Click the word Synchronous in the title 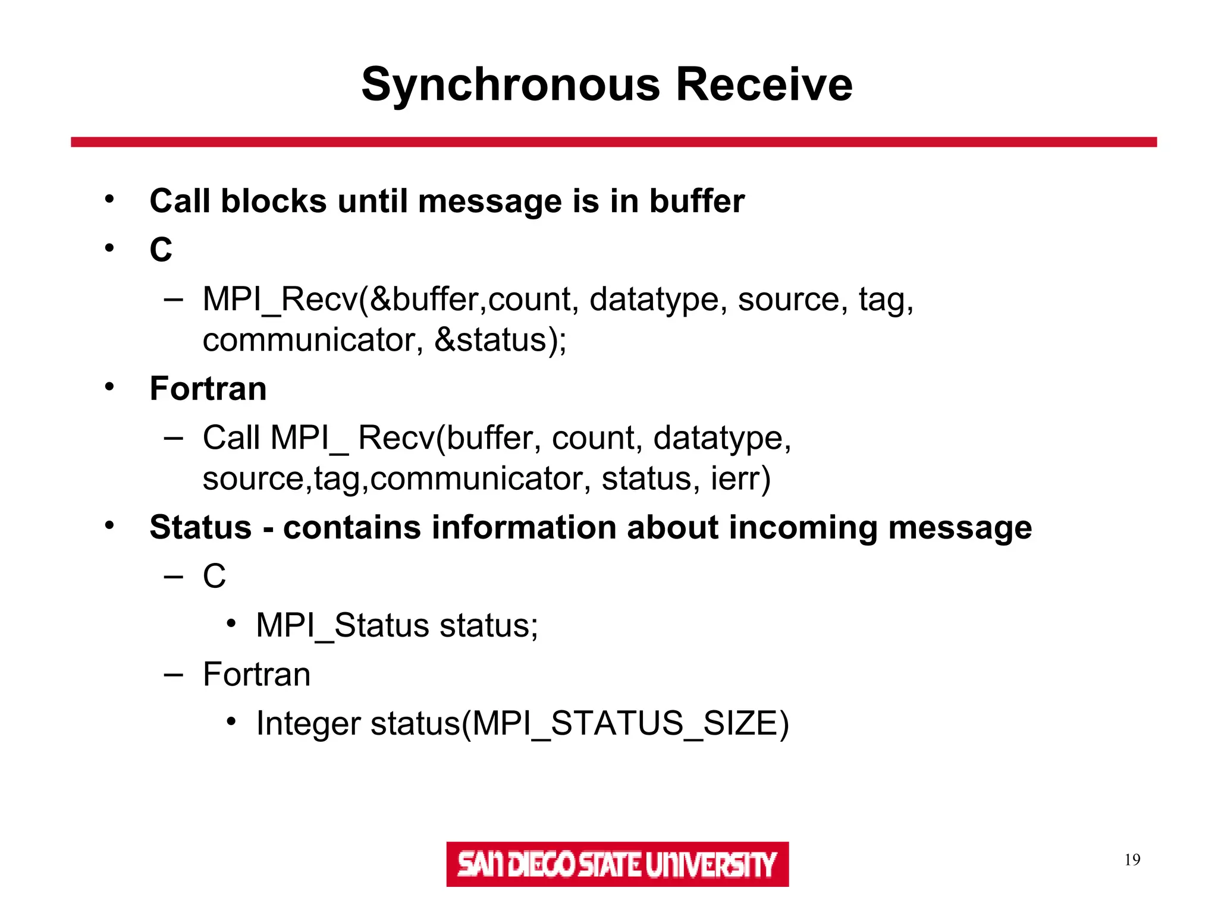coord(510,85)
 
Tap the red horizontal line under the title coord(613,142)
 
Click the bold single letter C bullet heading coord(161,250)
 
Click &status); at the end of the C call coord(500,340)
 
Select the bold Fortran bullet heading coord(208,389)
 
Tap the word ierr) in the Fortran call coord(740,478)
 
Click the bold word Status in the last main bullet coord(200,527)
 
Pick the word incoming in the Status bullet coord(802,527)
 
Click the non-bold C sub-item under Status coord(214,576)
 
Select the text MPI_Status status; coord(397,625)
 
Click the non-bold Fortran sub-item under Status coord(256,675)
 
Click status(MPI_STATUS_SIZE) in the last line coord(580,723)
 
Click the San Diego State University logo coord(617,864)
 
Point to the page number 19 coord(1132,860)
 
